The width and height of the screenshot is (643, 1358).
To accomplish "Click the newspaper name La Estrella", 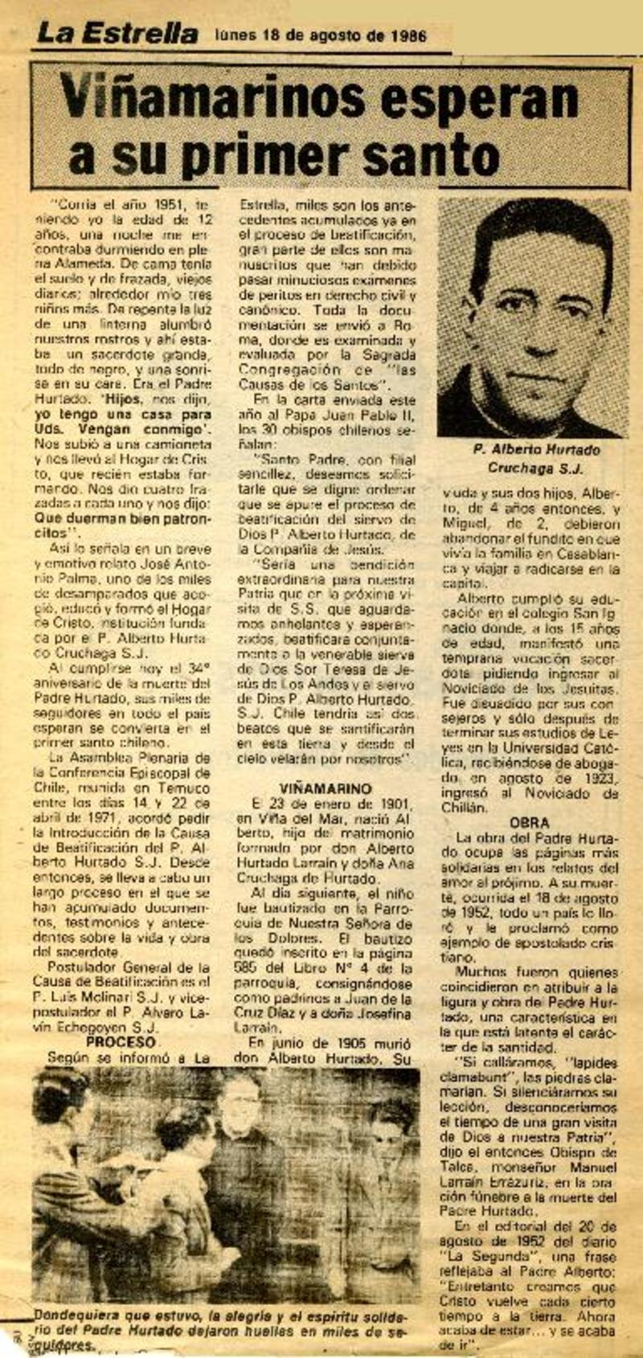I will point(117,34).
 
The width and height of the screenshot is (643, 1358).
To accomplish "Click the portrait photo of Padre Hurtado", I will point(534,317).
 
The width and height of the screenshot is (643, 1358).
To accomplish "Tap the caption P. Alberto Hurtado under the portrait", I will point(536,450).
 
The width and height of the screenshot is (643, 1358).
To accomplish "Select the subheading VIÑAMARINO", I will point(326,788).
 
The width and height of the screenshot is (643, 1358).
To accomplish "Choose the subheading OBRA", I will point(530,823).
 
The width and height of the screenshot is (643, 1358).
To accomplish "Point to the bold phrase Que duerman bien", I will point(104,517).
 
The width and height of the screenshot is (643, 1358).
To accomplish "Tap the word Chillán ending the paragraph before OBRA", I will point(464,808).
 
